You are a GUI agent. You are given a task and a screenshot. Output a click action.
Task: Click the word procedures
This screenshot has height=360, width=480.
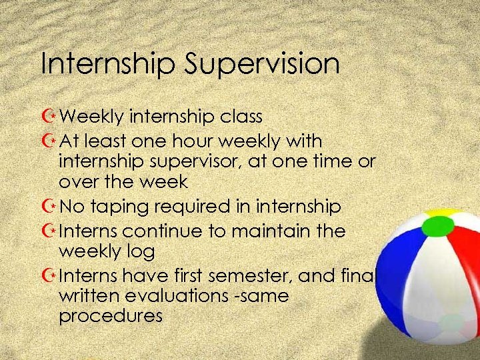[x=111, y=315]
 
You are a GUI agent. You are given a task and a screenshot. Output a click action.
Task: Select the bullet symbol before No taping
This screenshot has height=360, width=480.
[x=48, y=207]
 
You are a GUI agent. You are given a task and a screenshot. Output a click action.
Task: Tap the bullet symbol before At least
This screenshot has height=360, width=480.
[x=48, y=141]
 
